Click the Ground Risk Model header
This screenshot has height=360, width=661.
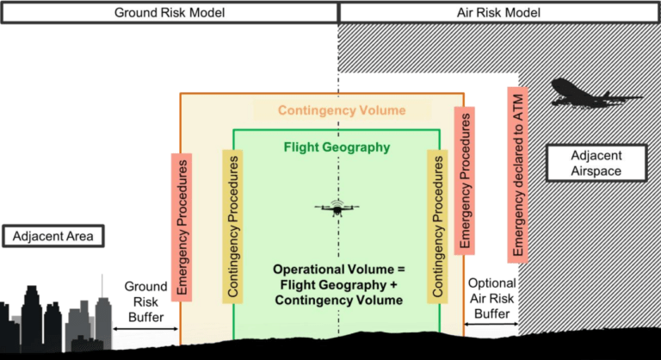(x=170, y=13)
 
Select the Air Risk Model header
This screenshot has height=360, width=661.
(x=499, y=13)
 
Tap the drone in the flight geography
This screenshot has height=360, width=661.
(x=337, y=208)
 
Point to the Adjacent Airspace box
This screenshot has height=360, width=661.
(x=596, y=164)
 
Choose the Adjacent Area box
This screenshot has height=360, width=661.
(x=53, y=236)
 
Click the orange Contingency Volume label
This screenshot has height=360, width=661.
(x=342, y=110)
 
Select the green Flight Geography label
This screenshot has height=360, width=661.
(x=337, y=147)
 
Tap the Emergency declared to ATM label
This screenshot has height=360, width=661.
(x=517, y=175)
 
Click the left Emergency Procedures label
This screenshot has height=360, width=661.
(x=182, y=227)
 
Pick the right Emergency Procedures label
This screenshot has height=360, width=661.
(x=465, y=181)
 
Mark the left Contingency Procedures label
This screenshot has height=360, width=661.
(x=232, y=227)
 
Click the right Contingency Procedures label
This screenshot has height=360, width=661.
(x=437, y=227)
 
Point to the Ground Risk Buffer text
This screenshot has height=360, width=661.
(x=145, y=301)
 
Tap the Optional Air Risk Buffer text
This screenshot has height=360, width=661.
(x=492, y=298)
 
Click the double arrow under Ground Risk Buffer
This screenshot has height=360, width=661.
(x=145, y=329)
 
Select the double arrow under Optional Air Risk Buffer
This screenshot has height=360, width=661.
(x=491, y=324)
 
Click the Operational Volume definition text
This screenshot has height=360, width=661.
(x=339, y=285)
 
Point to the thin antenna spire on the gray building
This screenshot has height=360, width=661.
(x=102, y=286)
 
